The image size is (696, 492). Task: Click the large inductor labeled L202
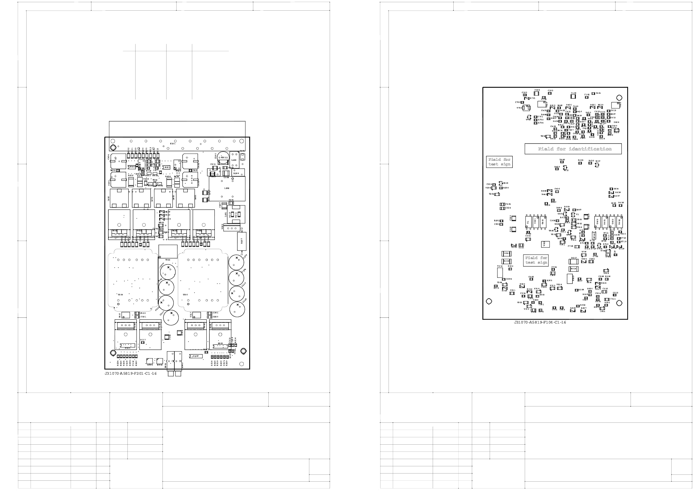pyautogui.click(x=227, y=188)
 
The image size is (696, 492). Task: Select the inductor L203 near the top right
pyautogui.click(x=234, y=160)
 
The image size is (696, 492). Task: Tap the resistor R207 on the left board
pyautogui.click(x=242, y=241)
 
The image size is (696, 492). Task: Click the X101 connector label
pyautogui.click(x=173, y=144)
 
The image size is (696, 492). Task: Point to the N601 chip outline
pyautogui.click(x=133, y=167)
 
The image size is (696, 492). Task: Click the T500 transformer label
pyautogui.click(x=121, y=295)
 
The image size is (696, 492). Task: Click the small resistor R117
pyautogui.click(x=143, y=340)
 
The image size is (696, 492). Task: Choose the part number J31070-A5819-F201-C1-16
pyautogui.click(x=131, y=374)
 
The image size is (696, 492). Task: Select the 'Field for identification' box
pyautogui.click(x=573, y=149)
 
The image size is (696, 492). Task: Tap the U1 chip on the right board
pyautogui.click(x=528, y=222)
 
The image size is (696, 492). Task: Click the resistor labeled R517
pyautogui.click(x=574, y=261)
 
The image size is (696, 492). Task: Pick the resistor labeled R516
pyautogui.click(x=573, y=269)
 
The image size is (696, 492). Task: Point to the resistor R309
pyautogui.click(x=507, y=254)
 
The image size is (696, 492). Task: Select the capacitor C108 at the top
pyautogui.click(x=537, y=93)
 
